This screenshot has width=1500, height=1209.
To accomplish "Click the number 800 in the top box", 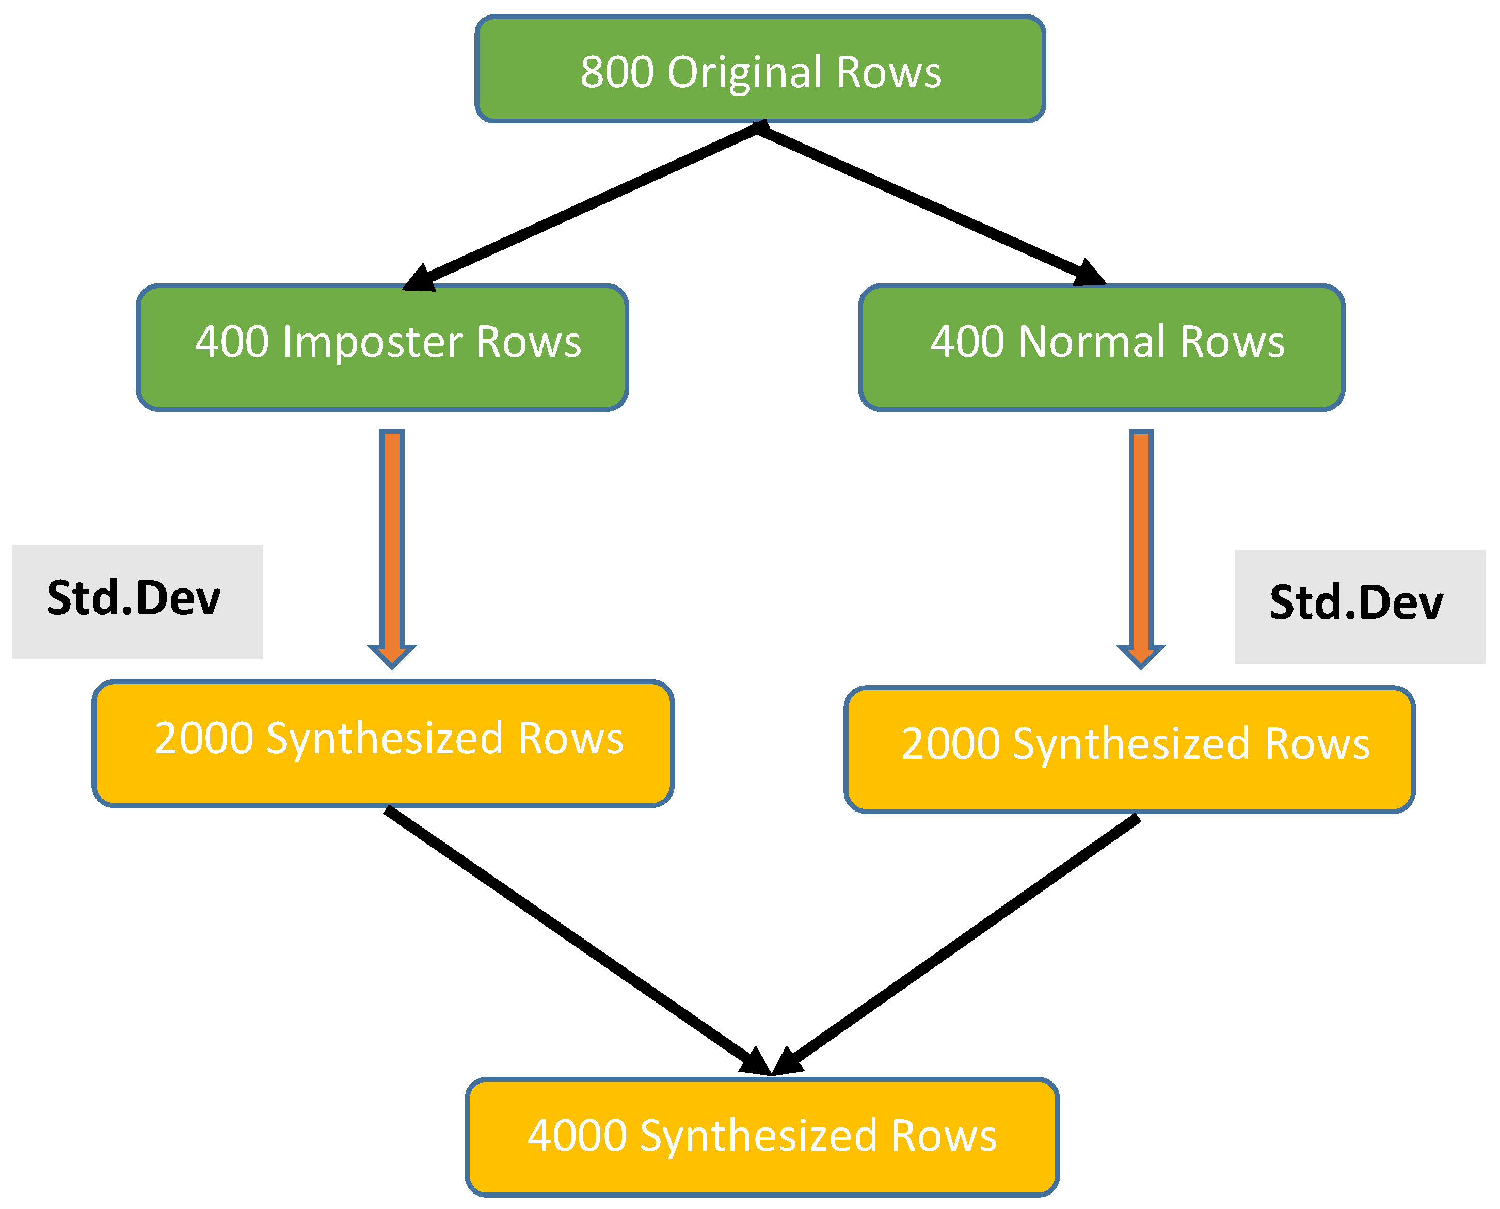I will click(x=617, y=72).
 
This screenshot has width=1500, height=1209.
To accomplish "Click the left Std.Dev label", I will click(x=134, y=598).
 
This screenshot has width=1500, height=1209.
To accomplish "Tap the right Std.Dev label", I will click(x=1357, y=603).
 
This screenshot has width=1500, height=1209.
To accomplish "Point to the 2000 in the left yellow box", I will click(x=203, y=738).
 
